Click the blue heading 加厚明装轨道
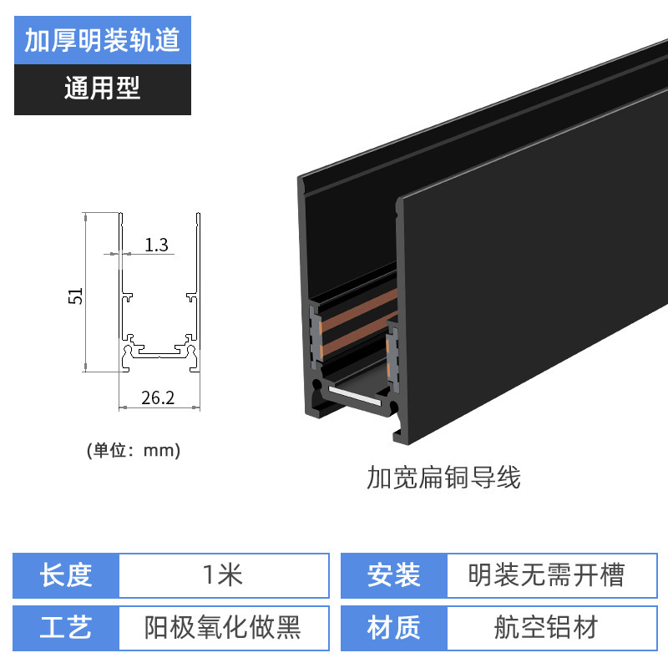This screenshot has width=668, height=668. coord(102,40)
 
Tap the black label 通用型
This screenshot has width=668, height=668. coord(102,88)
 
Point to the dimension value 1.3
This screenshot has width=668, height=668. coord(157,245)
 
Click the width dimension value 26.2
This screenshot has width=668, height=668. coord(157,397)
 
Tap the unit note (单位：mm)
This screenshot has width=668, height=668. coord(134,450)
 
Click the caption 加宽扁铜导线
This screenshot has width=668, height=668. coord(443,478)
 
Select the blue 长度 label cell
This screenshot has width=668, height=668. coord(67,574)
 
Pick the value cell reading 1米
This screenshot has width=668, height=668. coord(223,574)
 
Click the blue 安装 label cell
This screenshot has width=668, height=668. coord(393,574)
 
